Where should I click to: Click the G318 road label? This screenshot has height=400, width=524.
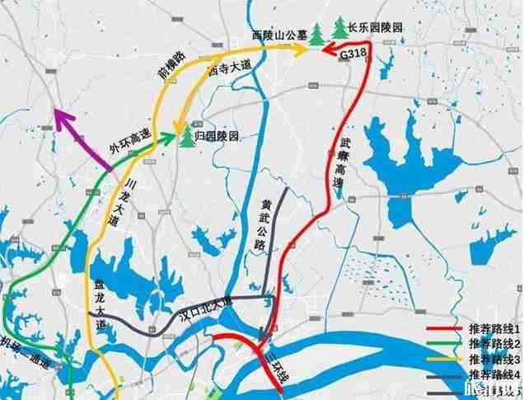[x=353, y=53]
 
